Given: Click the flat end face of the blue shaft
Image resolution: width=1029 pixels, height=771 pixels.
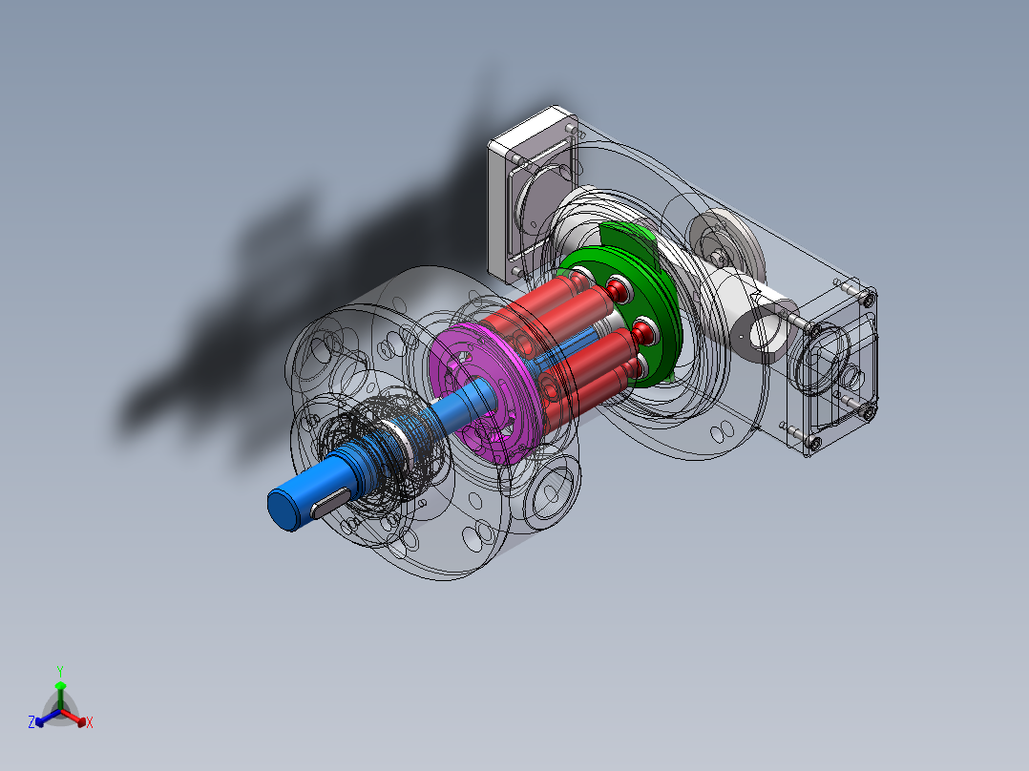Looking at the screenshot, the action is [283, 510].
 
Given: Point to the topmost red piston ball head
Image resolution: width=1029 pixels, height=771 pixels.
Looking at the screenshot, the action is [618, 289].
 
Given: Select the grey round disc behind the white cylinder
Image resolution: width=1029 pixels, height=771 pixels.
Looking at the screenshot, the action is [727, 243].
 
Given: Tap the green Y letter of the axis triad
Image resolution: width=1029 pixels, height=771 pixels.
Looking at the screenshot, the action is [60, 671].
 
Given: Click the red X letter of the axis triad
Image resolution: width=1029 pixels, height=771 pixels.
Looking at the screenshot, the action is [90, 722].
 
